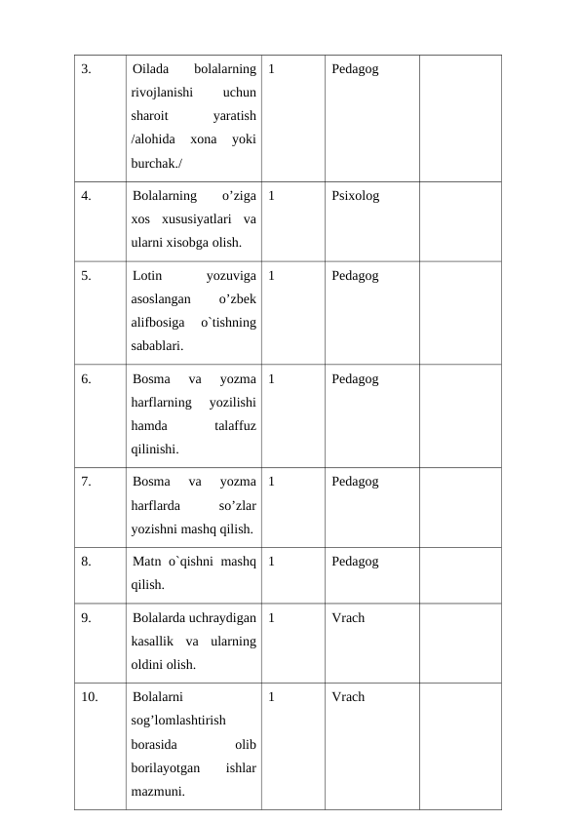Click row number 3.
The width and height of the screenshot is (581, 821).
point(86,69)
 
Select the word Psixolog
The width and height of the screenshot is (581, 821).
point(355,196)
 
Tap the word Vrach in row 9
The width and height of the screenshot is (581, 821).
point(348,618)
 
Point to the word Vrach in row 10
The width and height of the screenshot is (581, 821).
point(348,697)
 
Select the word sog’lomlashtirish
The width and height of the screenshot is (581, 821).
point(178,721)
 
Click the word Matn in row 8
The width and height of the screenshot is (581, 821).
point(146,562)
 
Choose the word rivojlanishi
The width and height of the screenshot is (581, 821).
point(163,94)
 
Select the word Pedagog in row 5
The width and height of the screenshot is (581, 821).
point(355,276)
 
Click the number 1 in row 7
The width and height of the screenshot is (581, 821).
point(270,482)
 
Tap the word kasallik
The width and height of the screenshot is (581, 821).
point(152,642)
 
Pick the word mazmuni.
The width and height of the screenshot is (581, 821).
point(158,791)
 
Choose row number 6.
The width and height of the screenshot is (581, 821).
point(86,379)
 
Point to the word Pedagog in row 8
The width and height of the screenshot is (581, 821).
point(355,562)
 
